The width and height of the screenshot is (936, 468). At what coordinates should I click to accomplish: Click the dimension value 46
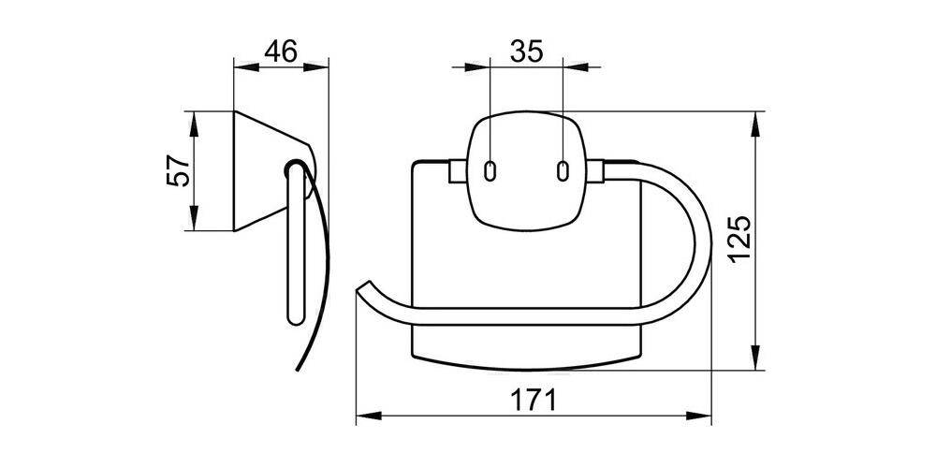coord(281,51)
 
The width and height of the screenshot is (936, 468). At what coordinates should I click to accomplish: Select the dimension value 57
coord(179,171)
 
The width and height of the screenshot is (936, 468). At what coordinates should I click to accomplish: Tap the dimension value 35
coord(526,51)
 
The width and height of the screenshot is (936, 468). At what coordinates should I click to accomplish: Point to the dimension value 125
coord(739,241)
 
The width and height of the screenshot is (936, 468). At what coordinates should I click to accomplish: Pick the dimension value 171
coord(535,401)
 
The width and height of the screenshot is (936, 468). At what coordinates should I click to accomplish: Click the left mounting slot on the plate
coord(490,171)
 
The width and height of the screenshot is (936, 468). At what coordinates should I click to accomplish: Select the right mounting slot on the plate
coord(562,171)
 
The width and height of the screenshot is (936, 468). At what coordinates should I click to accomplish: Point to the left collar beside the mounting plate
coord(457,172)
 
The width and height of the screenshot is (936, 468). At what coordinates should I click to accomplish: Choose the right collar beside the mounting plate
coord(595,172)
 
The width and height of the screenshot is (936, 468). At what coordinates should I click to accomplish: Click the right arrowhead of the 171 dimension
coord(709,417)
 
